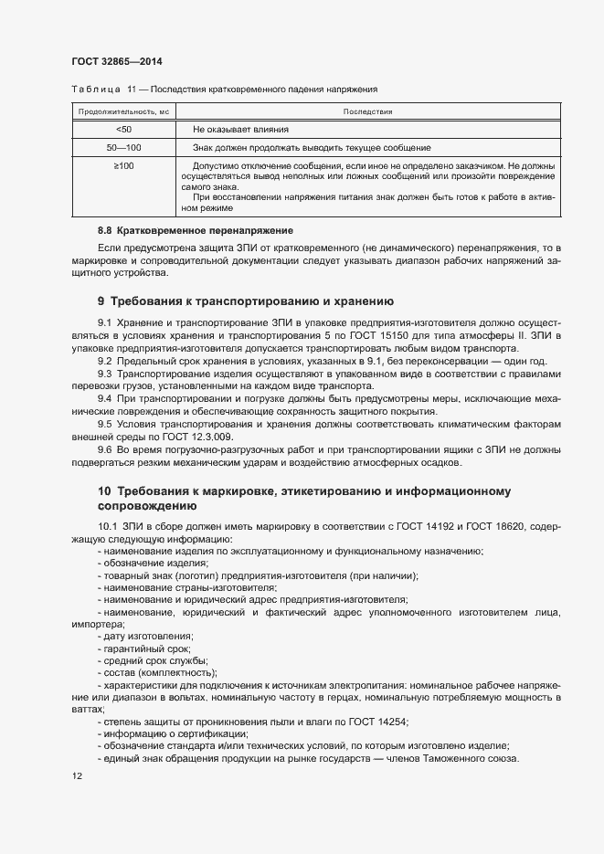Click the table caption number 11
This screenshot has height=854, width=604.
[132, 90]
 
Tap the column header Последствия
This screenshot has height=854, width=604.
[367, 111]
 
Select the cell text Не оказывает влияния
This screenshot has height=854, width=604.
[240, 130]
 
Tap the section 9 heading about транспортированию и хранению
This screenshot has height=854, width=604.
[245, 300]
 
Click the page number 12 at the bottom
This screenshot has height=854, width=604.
[77, 776]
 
